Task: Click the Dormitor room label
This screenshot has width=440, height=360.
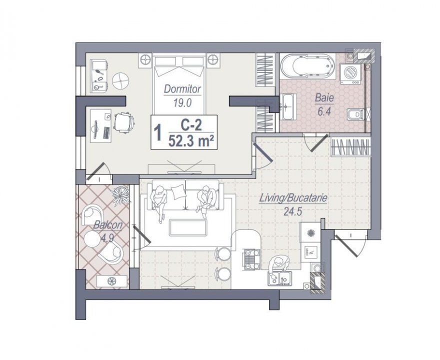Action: [183, 89]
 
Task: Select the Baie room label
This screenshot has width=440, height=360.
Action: [322, 99]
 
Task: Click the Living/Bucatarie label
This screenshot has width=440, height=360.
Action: [293, 198]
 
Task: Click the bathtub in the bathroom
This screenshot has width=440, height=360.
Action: [305, 66]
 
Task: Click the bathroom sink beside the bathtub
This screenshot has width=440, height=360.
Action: [287, 108]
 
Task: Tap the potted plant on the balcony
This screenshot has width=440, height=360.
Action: [120, 195]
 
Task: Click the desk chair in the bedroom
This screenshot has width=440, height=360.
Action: [123, 121]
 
